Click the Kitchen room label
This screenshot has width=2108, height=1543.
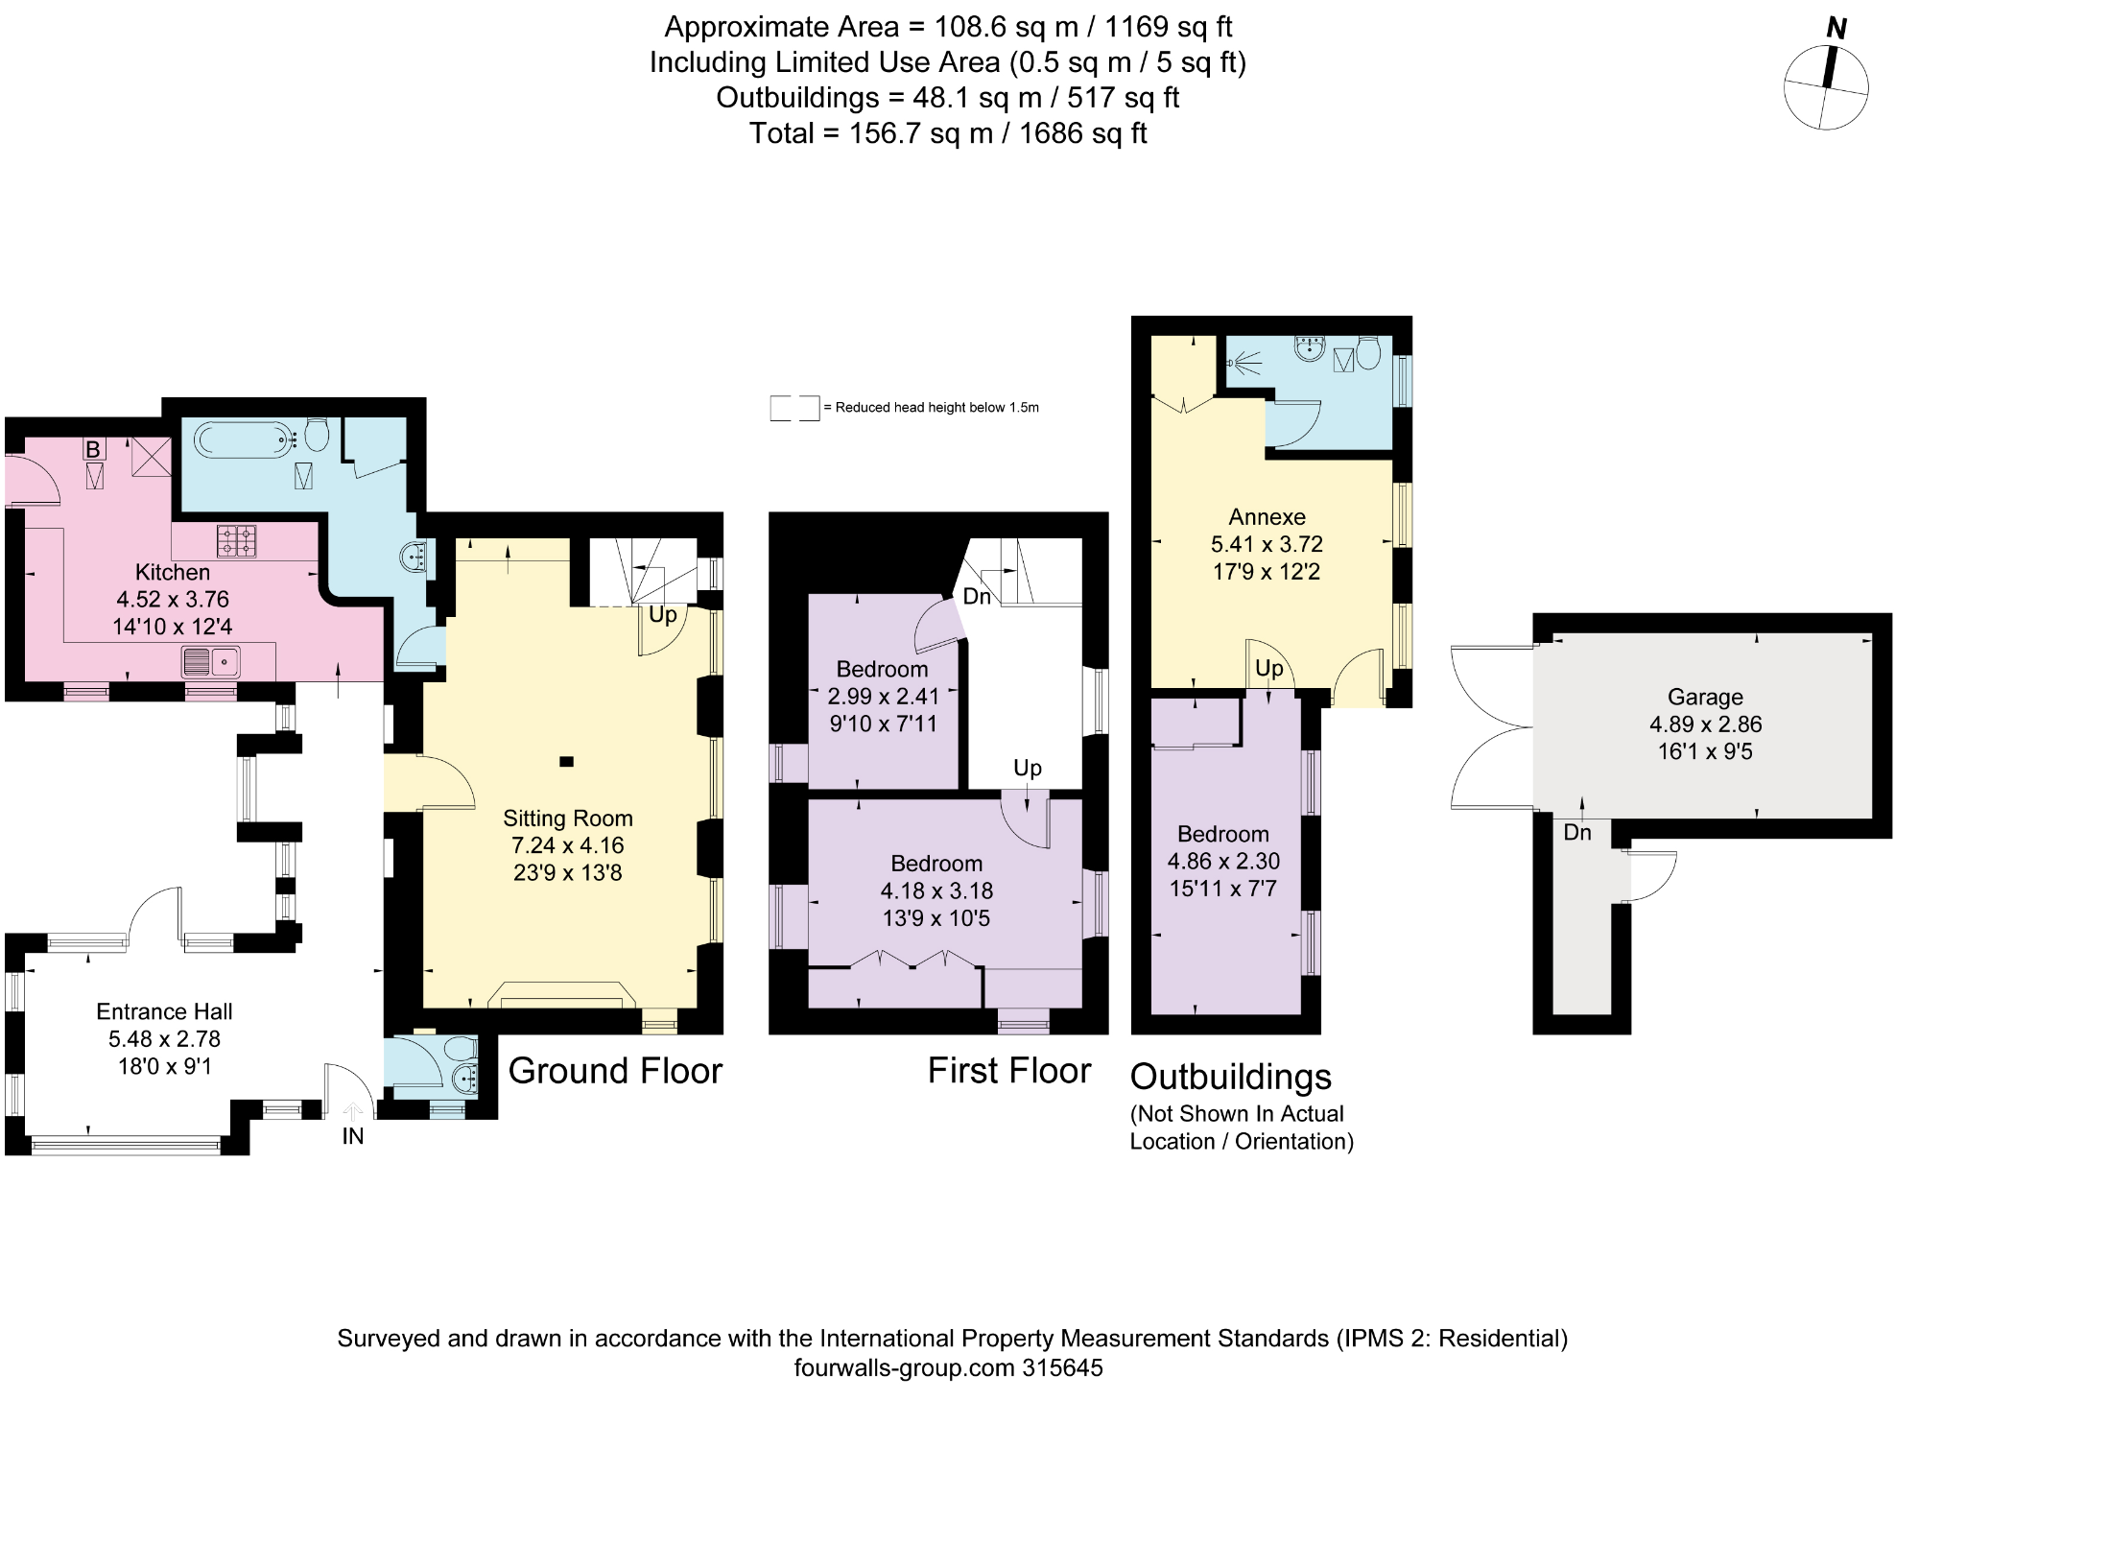coord(173,573)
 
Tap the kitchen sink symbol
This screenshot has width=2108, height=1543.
coord(211,662)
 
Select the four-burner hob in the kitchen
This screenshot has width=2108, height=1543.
coord(238,540)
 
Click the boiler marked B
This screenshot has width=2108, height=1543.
coord(93,449)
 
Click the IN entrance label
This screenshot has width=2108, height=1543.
coord(353,1136)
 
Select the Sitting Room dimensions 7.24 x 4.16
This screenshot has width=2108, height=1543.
coord(567,845)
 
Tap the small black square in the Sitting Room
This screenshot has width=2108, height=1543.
coord(566,762)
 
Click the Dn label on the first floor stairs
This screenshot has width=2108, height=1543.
coord(977,597)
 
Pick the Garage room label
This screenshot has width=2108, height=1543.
coord(1704,698)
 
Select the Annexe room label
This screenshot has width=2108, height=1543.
coord(1267,517)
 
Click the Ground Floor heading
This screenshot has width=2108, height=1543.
coord(615,1071)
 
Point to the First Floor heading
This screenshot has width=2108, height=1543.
coord(1008,1071)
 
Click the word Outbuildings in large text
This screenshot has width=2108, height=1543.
coord(1231,1077)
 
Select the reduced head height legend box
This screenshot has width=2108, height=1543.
coord(794,408)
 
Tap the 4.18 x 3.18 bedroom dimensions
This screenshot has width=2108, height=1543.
coord(936,890)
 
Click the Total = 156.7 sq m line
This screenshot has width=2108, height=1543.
coord(948,133)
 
